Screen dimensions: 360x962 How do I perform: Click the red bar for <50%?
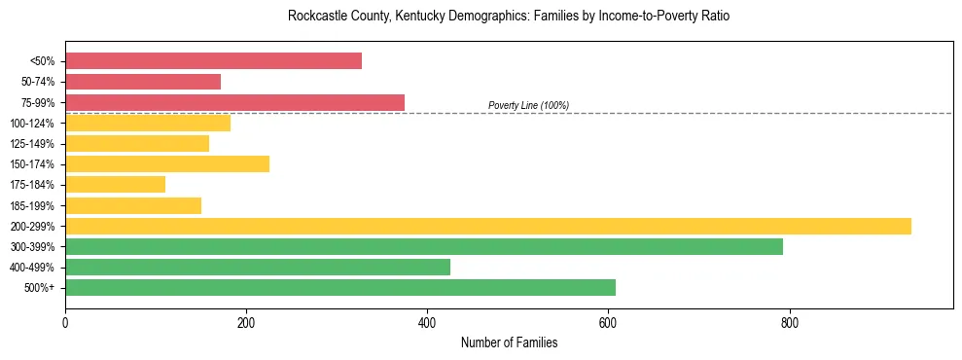(213, 61)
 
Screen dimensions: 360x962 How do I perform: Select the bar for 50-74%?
(143, 82)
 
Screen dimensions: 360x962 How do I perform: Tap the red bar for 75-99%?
(234, 102)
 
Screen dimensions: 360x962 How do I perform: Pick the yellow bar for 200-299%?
(487, 226)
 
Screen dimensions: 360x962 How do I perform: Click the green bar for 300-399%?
(423, 246)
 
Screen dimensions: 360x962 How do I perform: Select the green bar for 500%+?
(340, 287)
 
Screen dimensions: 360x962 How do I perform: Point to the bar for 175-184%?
(115, 184)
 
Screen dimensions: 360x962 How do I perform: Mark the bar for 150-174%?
(167, 163)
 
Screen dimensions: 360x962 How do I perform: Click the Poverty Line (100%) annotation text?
(528, 105)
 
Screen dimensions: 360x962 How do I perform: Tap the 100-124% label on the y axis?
(32, 124)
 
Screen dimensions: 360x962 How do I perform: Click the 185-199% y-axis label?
(32, 205)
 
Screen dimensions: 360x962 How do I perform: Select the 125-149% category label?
(32, 144)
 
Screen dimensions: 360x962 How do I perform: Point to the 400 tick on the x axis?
(427, 322)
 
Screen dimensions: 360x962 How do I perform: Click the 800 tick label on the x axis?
(789, 322)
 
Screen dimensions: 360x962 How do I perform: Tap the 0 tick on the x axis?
(65, 322)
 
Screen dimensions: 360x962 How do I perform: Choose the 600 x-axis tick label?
(608, 322)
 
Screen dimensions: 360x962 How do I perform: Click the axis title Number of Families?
(509, 342)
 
